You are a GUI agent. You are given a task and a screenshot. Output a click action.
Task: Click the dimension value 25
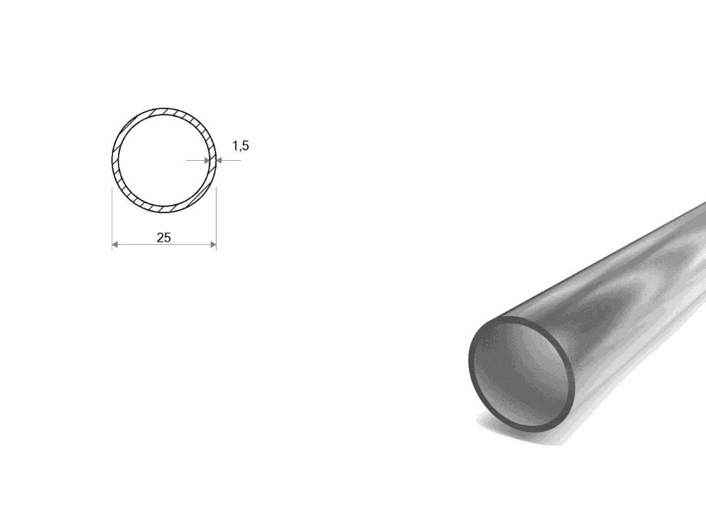point(164,237)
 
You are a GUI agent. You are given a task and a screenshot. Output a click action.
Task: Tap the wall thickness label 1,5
point(241,146)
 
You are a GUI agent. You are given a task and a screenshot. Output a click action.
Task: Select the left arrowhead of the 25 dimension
point(115,244)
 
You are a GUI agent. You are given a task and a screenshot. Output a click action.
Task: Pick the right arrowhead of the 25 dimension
point(213,244)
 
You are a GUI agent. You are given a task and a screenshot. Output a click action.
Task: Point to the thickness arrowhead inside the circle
point(207,160)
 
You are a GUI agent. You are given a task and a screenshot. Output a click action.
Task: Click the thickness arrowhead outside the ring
point(219,160)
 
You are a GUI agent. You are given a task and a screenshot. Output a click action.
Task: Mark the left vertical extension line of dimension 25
point(112,219)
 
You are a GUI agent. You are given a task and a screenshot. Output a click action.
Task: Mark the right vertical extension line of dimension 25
point(216,219)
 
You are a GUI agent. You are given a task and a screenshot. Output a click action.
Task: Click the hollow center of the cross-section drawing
point(164,160)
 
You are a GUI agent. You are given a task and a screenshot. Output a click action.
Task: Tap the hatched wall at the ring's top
point(164,111)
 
